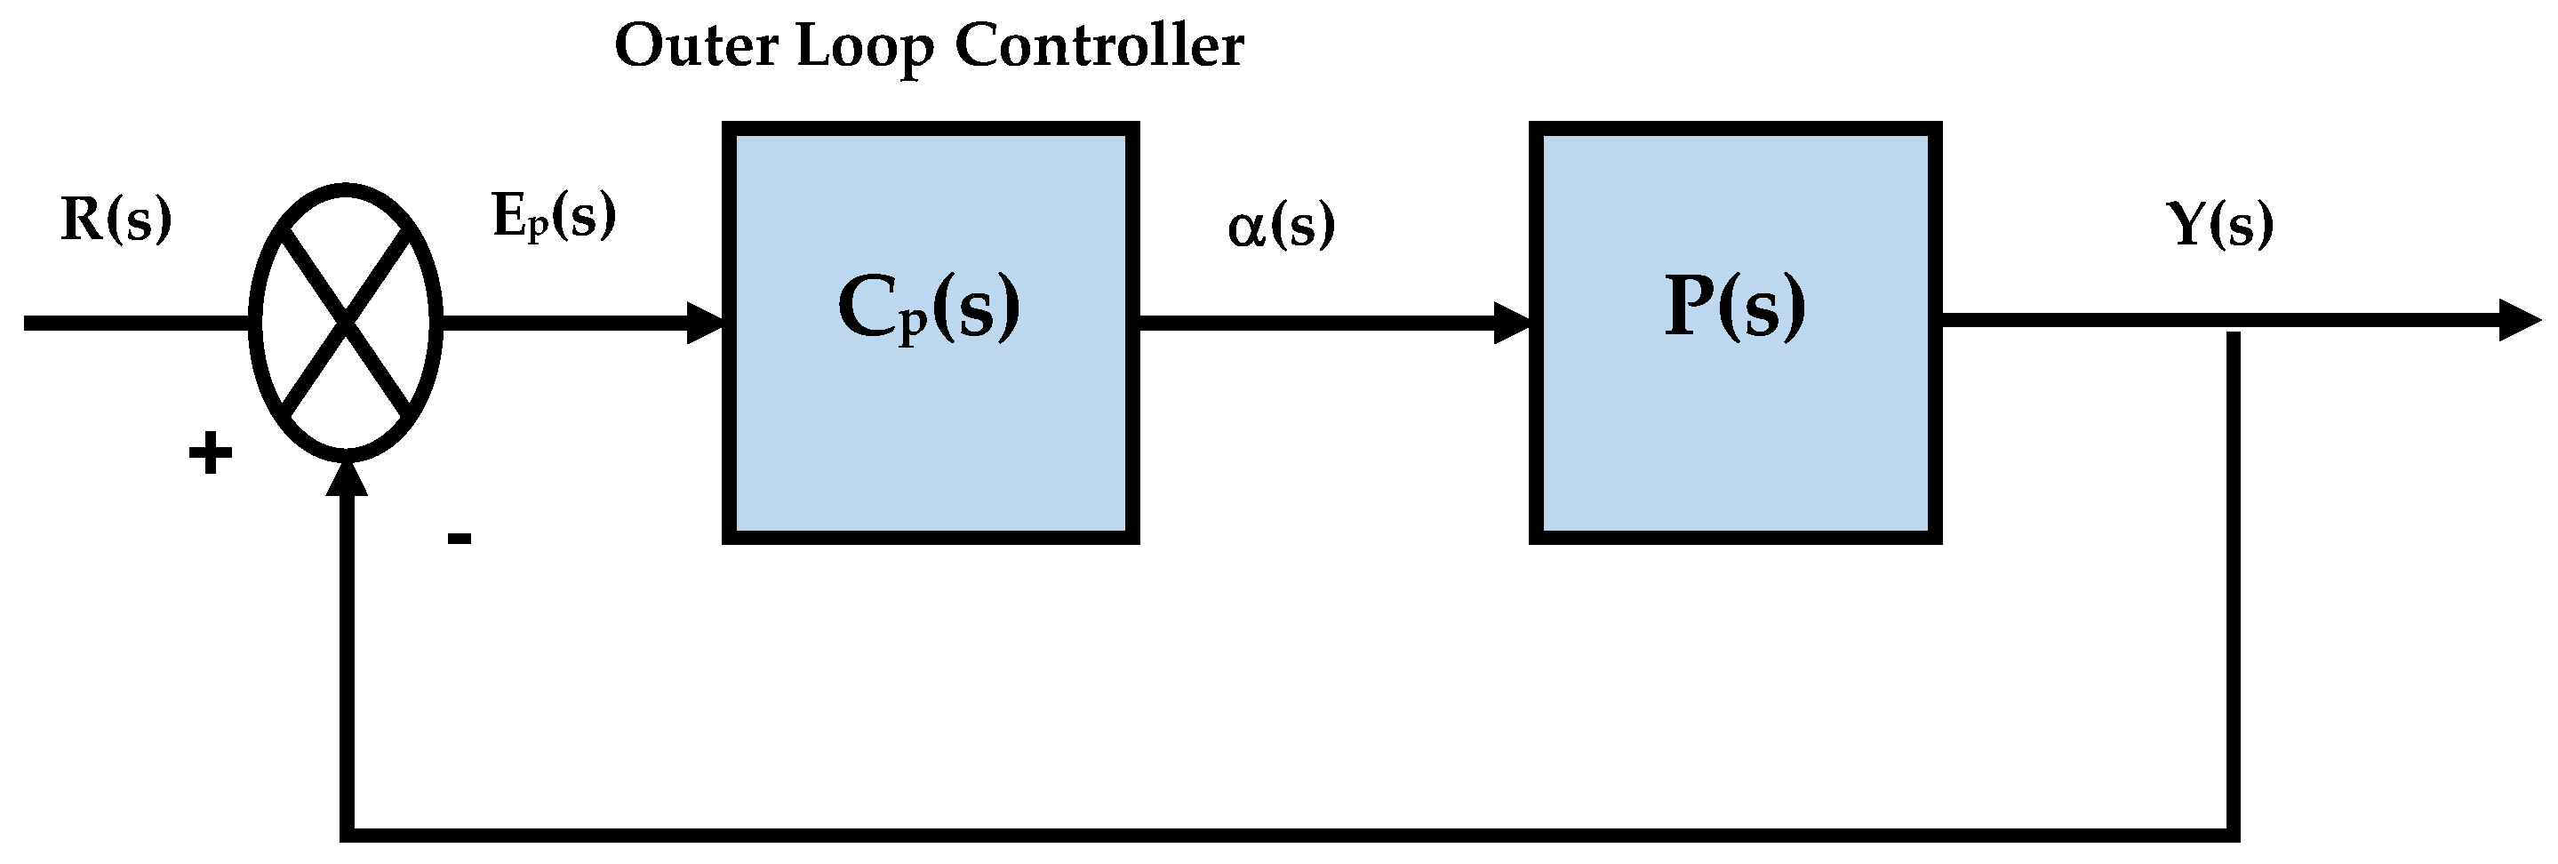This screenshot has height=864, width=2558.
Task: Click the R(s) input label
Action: pos(116,220)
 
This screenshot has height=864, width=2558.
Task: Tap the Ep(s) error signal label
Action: pos(553,218)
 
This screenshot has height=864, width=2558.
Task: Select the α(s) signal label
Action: pos(1281,226)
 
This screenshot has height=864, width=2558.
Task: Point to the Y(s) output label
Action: pos(2219,226)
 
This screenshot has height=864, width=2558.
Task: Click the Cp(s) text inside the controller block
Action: pos(929,308)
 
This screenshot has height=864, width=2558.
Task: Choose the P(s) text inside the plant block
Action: pos(1734,308)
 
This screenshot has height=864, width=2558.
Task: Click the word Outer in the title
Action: pos(695,47)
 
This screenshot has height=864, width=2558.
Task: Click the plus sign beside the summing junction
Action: pos(211,455)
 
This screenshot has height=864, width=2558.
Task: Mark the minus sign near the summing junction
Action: pos(459,540)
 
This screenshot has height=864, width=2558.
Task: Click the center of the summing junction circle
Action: pos(346,323)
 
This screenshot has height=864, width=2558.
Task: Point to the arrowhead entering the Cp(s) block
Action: pos(707,323)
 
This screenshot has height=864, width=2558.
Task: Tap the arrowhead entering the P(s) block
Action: pos(1514,323)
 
